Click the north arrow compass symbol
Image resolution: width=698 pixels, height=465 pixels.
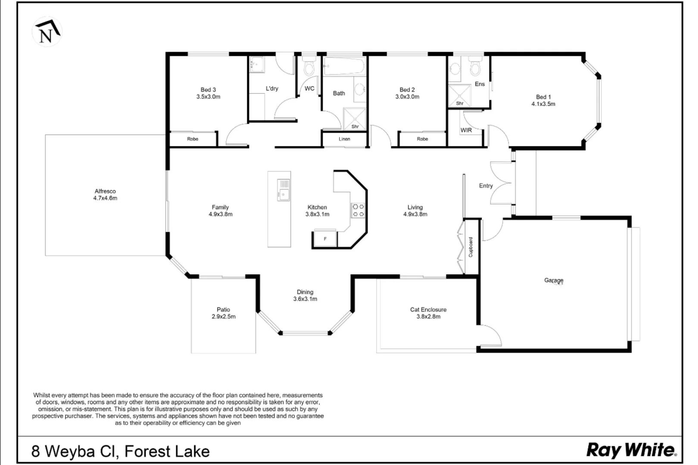[x=47, y=32]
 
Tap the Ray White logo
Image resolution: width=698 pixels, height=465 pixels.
[x=632, y=450]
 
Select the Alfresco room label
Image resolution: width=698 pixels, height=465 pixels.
[x=105, y=191]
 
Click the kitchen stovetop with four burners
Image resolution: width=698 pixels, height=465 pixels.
[x=358, y=210]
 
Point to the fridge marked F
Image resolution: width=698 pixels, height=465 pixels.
[x=325, y=239]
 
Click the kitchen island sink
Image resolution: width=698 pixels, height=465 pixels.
[x=283, y=190]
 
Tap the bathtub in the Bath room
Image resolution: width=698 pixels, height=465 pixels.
[x=344, y=66]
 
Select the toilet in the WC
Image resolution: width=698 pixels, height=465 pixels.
[x=309, y=67]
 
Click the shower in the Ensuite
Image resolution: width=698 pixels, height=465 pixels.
[x=460, y=96]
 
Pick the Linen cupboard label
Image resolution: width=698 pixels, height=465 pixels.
[x=344, y=139]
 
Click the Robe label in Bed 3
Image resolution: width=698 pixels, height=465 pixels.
[x=193, y=139]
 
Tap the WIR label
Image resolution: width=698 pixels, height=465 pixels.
[x=466, y=130]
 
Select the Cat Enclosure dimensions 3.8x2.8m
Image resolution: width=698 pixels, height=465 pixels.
[x=428, y=316]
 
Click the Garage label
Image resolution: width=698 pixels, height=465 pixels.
[x=554, y=280]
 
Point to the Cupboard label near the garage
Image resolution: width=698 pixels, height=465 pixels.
[x=471, y=247]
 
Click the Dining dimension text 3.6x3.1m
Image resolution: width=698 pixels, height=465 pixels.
[x=305, y=299]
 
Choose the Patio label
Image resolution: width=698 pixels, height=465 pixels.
[x=223, y=310]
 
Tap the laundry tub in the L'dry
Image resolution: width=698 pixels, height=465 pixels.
[x=257, y=64]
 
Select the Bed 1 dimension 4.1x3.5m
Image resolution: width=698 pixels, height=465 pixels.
[x=543, y=104]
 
